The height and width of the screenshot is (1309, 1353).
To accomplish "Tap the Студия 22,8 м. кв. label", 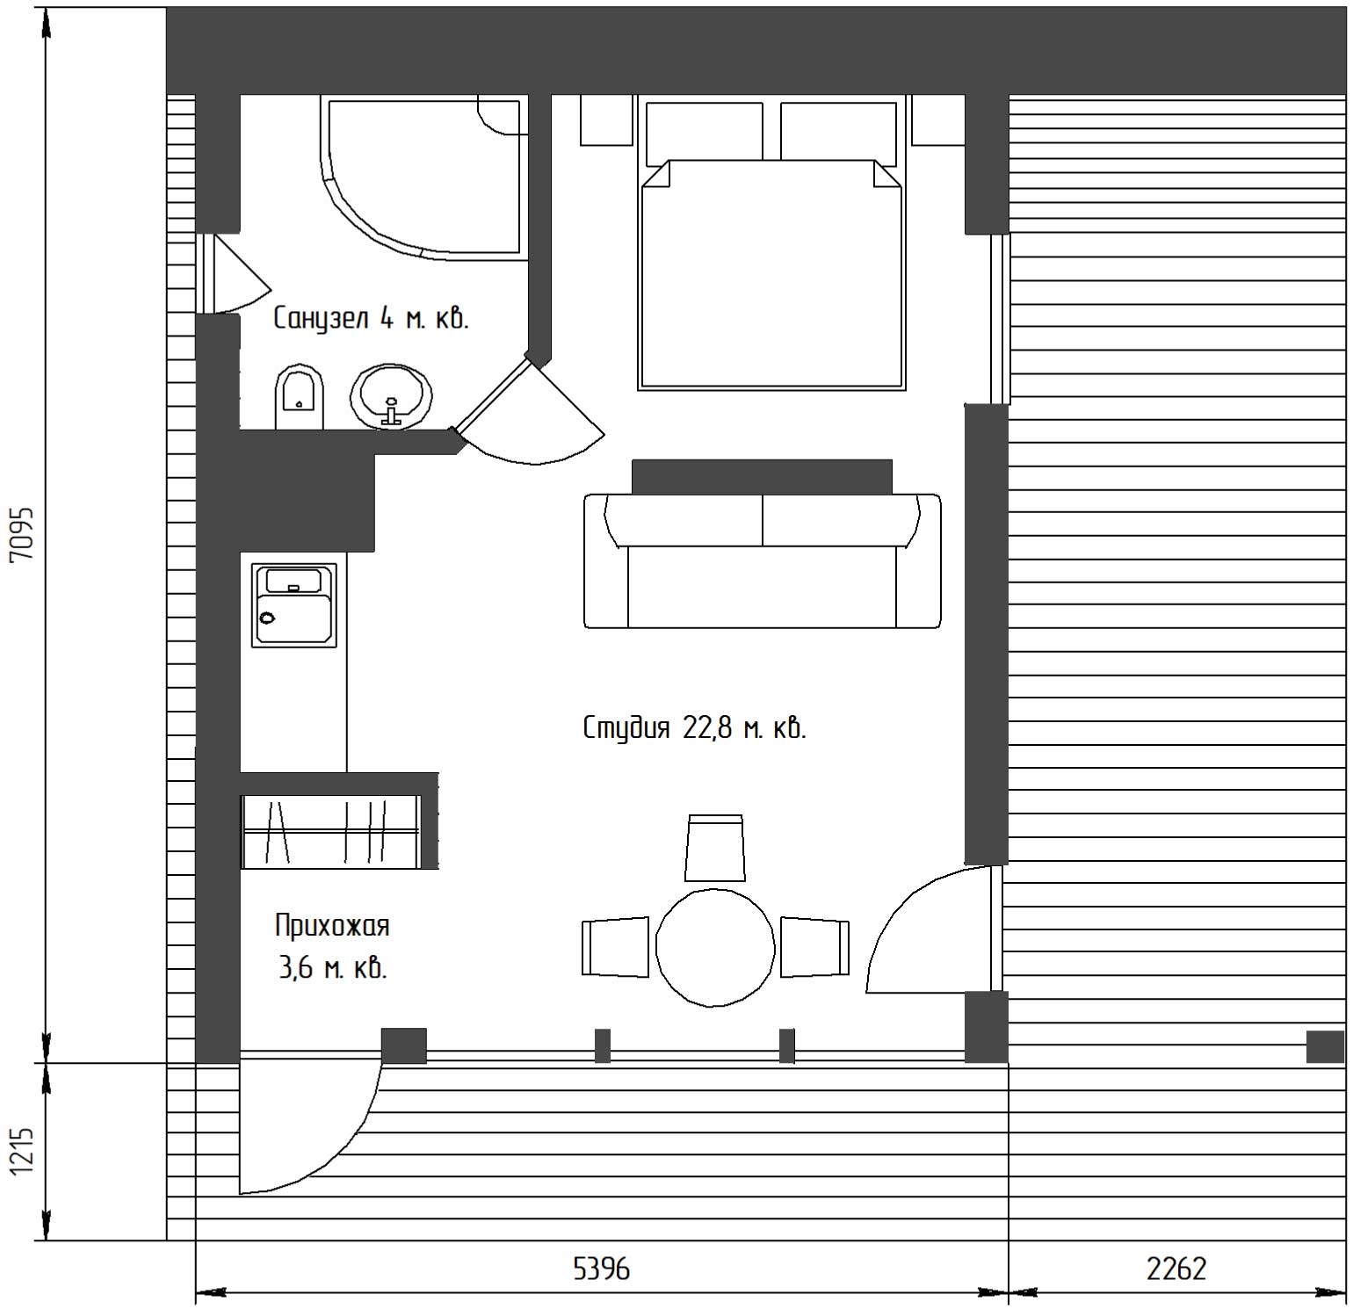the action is point(694,728).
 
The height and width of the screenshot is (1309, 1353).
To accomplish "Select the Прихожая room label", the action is point(332,926).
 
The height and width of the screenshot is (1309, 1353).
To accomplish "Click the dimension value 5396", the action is point(602,1269).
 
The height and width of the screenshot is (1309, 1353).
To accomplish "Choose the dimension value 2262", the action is point(1176,1269).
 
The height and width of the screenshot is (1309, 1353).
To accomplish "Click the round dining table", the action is point(716,947).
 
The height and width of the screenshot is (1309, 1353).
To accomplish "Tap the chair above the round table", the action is point(715,847).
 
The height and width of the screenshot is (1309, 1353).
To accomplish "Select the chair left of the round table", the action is point(616,947).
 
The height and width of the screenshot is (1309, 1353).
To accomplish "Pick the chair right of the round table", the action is point(815,947).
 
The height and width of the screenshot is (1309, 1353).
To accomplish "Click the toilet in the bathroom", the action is point(300,398).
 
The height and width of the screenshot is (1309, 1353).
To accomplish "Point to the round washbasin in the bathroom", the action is point(392,396).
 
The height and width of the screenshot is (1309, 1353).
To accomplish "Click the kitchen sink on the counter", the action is point(294,605).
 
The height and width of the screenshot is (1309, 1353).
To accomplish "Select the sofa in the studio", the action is point(763,560).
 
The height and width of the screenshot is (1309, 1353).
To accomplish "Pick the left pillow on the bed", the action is point(705,132).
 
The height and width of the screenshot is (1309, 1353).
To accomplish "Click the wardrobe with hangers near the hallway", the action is point(331,831).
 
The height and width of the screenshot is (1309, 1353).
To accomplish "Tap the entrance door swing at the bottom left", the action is point(310,1127).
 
